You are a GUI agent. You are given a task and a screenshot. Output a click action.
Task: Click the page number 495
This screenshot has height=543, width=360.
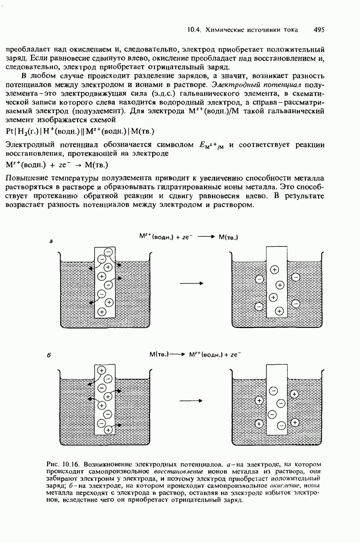319,30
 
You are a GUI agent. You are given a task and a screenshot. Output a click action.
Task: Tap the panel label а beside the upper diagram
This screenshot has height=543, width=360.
51,241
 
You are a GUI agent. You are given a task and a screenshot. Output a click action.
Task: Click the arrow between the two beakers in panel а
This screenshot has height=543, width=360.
191,283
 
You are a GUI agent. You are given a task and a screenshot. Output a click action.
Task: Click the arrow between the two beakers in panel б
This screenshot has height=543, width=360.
191,401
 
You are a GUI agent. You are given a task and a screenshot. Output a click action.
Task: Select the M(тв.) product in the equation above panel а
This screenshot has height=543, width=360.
228,237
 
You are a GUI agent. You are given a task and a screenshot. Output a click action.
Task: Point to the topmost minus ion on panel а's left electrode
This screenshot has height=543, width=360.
108,252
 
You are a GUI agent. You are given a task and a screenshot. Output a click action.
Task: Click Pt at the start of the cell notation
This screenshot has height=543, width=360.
10,132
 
